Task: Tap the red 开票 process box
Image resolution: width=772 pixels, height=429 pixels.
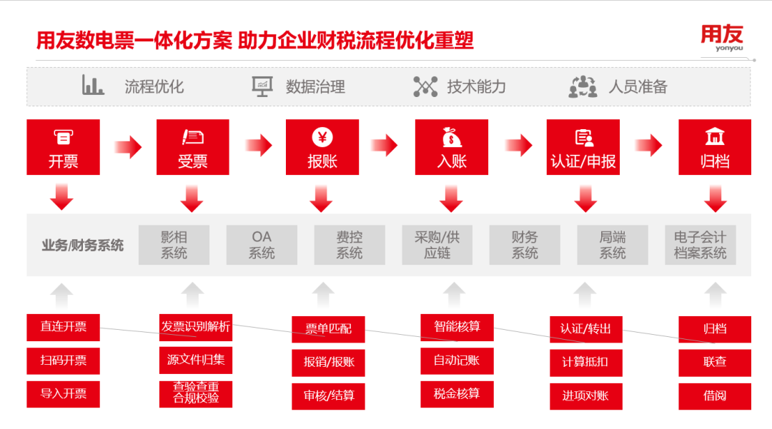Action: pyautogui.click(x=63, y=147)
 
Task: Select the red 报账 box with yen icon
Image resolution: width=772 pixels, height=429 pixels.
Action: pyautogui.click(x=322, y=147)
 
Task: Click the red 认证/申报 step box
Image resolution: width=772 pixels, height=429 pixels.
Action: pyautogui.click(x=583, y=147)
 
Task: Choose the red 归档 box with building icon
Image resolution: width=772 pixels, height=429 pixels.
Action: pyautogui.click(x=714, y=147)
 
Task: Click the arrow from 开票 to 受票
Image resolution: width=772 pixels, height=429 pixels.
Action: pyautogui.click(x=128, y=147)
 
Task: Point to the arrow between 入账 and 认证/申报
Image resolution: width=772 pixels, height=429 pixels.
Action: pyautogui.click(x=518, y=146)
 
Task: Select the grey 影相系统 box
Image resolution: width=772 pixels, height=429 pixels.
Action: pyautogui.click(x=174, y=245)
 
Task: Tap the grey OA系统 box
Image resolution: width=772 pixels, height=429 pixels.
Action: pyautogui.click(x=262, y=245)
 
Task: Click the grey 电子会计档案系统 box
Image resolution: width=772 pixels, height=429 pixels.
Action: pyautogui.click(x=700, y=245)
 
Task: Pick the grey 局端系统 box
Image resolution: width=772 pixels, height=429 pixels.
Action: pyautogui.click(x=613, y=245)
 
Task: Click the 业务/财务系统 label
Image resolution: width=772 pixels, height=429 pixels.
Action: pyautogui.click(x=82, y=246)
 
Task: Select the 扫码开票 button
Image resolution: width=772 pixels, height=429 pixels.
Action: pyautogui.click(x=63, y=360)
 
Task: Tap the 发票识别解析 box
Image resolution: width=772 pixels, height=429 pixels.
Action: pyautogui.click(x=195, y=327)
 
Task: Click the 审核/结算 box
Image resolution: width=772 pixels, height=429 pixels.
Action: pyautogui.click(x=329, y=395)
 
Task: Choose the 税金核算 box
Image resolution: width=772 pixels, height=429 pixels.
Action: pyautogui.click(x=456, y=393)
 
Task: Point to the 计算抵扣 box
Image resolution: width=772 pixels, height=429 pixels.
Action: pyautogui.click(x=585, y=362)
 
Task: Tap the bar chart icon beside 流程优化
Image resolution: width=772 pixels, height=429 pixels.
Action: pyautogui.click(x=93, y=86)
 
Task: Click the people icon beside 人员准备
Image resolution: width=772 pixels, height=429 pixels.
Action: pyautogui.click(x=583, y=86)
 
